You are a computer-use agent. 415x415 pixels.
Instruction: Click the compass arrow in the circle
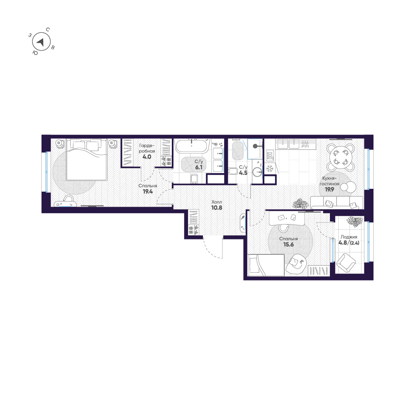point(41,42)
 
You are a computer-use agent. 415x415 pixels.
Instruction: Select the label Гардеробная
point(147,148)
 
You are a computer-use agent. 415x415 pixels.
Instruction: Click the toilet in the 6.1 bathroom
point(193,178)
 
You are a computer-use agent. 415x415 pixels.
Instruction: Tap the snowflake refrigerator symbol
point(269,168)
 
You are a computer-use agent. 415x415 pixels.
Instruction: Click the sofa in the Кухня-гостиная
point(335,203)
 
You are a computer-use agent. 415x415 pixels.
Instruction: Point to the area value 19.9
point(325,188)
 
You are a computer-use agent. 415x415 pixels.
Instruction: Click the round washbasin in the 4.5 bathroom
point(257,171)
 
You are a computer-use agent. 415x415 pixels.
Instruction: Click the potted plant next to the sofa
point(300,203)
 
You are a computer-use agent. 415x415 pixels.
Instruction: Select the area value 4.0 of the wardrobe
point(147,157)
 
